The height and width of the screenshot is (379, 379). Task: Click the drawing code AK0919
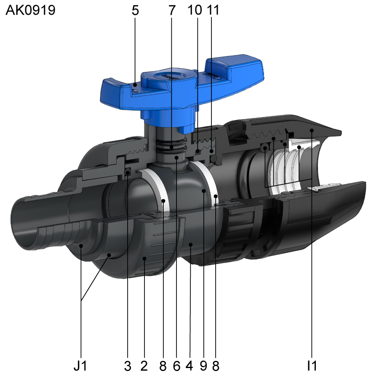point(30,10)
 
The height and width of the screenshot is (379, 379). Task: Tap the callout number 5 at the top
point(135,11)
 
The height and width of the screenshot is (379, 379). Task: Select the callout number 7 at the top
point(172,11)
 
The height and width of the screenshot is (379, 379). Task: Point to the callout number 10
point(195,10)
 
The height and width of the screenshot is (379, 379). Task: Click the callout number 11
point(213,10)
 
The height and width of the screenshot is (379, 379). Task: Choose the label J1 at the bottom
point(80,366)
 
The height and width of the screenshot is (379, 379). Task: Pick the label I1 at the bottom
point(312,366)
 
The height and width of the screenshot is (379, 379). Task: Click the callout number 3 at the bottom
point(128,366)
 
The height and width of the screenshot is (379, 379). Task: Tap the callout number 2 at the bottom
point(144,366)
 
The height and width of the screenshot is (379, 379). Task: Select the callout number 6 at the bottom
point(177,366)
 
